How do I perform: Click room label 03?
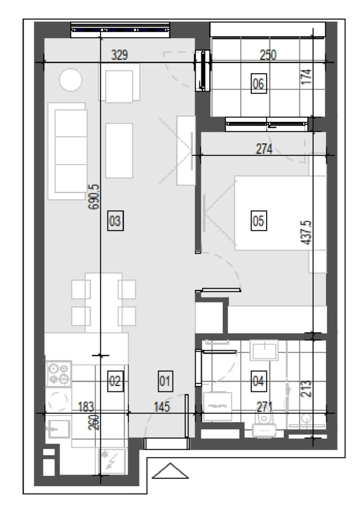click(x=115, y=221)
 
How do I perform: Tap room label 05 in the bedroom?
click(x=259, y=220)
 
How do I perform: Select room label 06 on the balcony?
click(x=259, y=83)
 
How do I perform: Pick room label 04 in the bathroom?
click(x=259, y=381)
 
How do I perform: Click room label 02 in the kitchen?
click(x=115, y=381)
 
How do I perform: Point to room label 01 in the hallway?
click(x=165, y=381)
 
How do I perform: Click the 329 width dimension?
click(x=119, y=55)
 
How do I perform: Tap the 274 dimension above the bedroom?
click(x=264, y=149)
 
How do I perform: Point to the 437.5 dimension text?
click(x=306, y=233)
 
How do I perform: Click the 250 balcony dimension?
click(x=268, y=55)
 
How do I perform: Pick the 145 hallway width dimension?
click(x=162, y=406)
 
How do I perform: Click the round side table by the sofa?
click(x=71, y=79)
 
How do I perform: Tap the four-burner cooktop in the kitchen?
click(x=59, y=373)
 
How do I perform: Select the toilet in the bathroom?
click(x=264, y=424)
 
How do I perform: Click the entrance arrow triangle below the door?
click(x=170, y=471)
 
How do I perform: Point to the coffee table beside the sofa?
click(x=119, y=151)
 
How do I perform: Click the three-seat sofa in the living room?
click(x=67, y=151)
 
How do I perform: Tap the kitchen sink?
click(x=59, y=429)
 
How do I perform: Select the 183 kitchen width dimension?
click(x=86, y=406)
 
